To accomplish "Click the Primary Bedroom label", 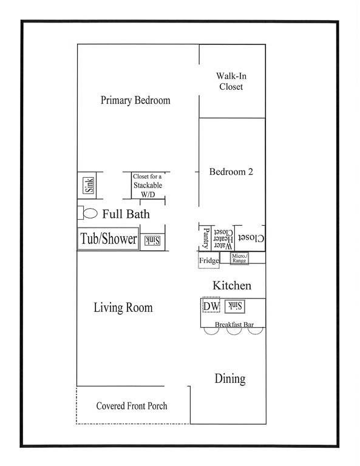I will tap(135, 101).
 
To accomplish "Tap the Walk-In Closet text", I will tap(230, 81).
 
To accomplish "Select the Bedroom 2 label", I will tap(231, 172).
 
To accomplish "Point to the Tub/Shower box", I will tap(108, 239).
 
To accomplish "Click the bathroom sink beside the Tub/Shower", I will tap(151, 241).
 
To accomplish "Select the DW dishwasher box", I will tap(211, 306).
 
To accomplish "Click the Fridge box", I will tap(209, 260).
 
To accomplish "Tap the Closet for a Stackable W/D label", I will tap(148, 185).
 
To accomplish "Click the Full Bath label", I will tap(126, 214).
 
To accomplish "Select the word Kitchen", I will tap(231, 286).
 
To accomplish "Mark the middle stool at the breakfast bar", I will tap(234, 332).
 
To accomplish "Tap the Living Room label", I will tap(123, 308).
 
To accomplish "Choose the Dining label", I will tap(230, 379).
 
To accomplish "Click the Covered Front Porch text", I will tap(132, 405).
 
